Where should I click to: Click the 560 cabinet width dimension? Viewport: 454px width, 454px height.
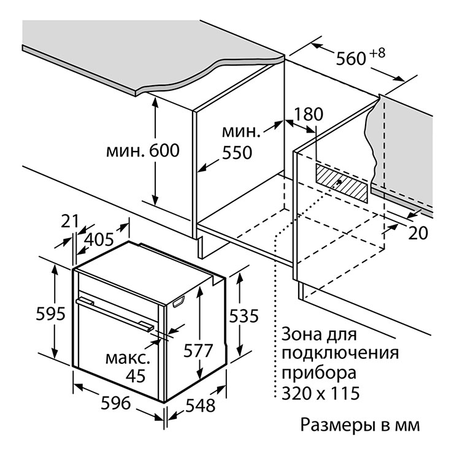point(351,59)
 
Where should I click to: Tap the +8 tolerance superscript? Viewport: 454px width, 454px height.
point(377,53)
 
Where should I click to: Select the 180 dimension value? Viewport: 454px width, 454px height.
point(309,114)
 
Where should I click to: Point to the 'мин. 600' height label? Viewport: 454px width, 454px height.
point(143,150)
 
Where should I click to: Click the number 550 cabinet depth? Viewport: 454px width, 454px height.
point(237,153)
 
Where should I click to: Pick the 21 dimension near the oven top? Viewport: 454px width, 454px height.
point(70,221)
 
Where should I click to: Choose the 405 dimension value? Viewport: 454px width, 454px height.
point(99,240)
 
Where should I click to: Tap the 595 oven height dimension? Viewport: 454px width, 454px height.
point(51,314)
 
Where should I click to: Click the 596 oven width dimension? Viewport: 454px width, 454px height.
point(116,403)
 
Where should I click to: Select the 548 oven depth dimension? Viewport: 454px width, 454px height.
point(201,406)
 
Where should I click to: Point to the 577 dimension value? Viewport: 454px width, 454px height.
point(198,351)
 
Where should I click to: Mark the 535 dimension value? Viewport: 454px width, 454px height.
point(244,316)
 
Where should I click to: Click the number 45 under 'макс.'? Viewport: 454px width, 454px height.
point(136,376)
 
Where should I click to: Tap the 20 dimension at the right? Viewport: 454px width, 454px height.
point(418,233)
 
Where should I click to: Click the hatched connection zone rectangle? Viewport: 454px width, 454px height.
point(342,183)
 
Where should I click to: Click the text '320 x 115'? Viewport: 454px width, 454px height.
point(321,393)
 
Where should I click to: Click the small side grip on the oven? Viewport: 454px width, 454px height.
point(179,302)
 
